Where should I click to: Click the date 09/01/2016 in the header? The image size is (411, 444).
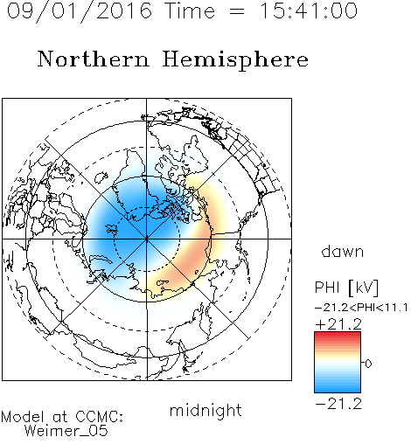coord(80,11)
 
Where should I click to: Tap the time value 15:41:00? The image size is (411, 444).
coord(308,10)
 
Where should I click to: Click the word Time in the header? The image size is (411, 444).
coord(190,10)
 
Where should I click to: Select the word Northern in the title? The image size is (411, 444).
coord(94,59)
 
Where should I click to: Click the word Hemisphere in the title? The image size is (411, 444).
coord(235,59)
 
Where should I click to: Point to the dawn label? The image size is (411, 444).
coord(343,251)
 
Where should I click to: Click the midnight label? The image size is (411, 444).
coord(205,410)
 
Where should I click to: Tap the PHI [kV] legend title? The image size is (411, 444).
coord(346,288)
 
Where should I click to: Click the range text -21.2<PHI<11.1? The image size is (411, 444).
coord(361,308)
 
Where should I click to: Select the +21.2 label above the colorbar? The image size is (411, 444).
coord(338,324)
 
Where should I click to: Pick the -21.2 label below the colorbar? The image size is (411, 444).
coord(338,404)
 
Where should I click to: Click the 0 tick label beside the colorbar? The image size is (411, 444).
coord(368,364)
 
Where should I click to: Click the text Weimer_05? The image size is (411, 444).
coord(66,430)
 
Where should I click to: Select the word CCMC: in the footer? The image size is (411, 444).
coord(99,416)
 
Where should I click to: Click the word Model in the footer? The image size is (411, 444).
coord(23,417)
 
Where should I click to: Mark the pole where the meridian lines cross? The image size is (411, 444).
coord(147,239)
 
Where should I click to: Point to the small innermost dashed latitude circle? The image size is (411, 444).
coord(147,207)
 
